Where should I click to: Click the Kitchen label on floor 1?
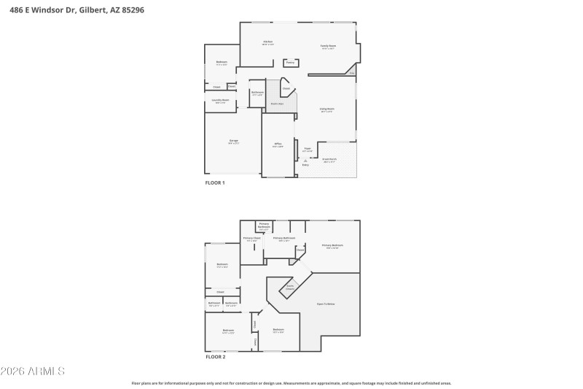tap(268, 43)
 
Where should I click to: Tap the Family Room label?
tap(329, 47)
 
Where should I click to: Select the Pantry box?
tap(290, 63)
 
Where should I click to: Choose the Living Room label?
tap(326, 110)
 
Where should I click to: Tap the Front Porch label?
tap(329, 160)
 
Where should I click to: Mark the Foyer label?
tap(308, 150)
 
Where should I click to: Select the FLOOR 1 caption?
tap(215, 182)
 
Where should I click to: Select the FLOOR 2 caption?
tap(215, 357)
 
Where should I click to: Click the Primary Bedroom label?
tap(332, 246)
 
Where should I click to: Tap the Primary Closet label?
tap(252, 239)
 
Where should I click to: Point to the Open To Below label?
tap(326, 304)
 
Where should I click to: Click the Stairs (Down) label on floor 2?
tap(289, 287)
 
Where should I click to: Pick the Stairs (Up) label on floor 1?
tap(278, 104)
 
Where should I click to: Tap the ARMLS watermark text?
tap(33, 372)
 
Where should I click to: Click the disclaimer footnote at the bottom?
tap(291, 382)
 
